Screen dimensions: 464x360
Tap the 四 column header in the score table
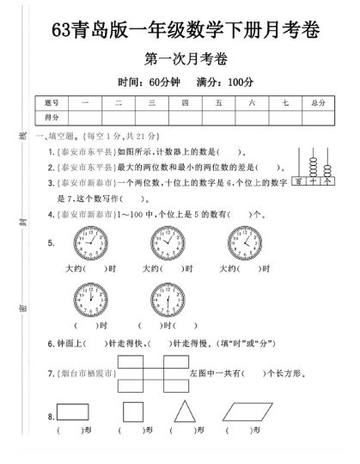pos(185,101)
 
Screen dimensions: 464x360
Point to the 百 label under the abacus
pos(298,181)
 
